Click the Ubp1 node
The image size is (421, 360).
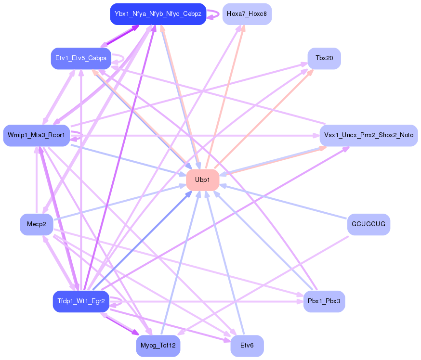click(202, 180)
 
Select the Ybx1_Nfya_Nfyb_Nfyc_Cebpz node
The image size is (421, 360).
click(158, 14)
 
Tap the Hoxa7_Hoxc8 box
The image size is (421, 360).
click(247, 14)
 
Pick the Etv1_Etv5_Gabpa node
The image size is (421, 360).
click(81, 58)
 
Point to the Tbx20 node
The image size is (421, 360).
click(324, 58)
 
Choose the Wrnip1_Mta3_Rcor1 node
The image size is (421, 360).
click(36, 135)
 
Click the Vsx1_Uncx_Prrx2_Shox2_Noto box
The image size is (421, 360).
click(368, 135)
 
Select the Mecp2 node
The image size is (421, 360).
click(37, 224)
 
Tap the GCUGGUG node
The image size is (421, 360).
click(368, 224)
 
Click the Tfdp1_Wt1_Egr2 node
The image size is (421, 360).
click(81, 301)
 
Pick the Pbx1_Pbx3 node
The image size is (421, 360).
click(324, 301)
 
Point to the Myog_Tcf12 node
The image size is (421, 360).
click(158, 346)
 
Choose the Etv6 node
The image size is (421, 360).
click(247, 346)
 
